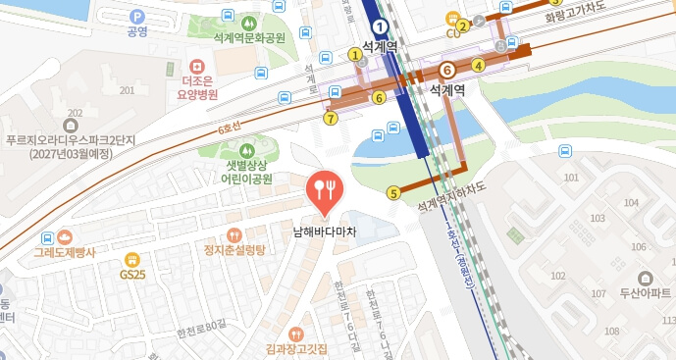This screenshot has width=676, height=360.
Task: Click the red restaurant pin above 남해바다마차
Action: tap(325, 188)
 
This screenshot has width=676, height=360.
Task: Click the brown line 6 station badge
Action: tap(446, 70)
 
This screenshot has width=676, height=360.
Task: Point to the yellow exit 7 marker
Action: tap(330, 119)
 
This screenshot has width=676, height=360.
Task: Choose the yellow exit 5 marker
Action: tap(393, 192)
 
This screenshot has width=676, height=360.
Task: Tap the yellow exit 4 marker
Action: tap(478, 66)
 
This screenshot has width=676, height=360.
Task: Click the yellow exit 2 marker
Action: tap(462, 26)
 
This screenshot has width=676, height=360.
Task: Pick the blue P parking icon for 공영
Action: tap(137, 16)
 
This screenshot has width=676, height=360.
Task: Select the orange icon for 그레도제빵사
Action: tap(64, 236)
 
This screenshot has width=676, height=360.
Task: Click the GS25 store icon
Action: tap(132, 259)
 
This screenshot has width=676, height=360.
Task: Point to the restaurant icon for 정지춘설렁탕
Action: tap(234, 234)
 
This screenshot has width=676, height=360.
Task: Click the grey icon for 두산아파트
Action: tap(644, 278)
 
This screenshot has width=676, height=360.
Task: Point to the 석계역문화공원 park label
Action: tap(247, 37)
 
